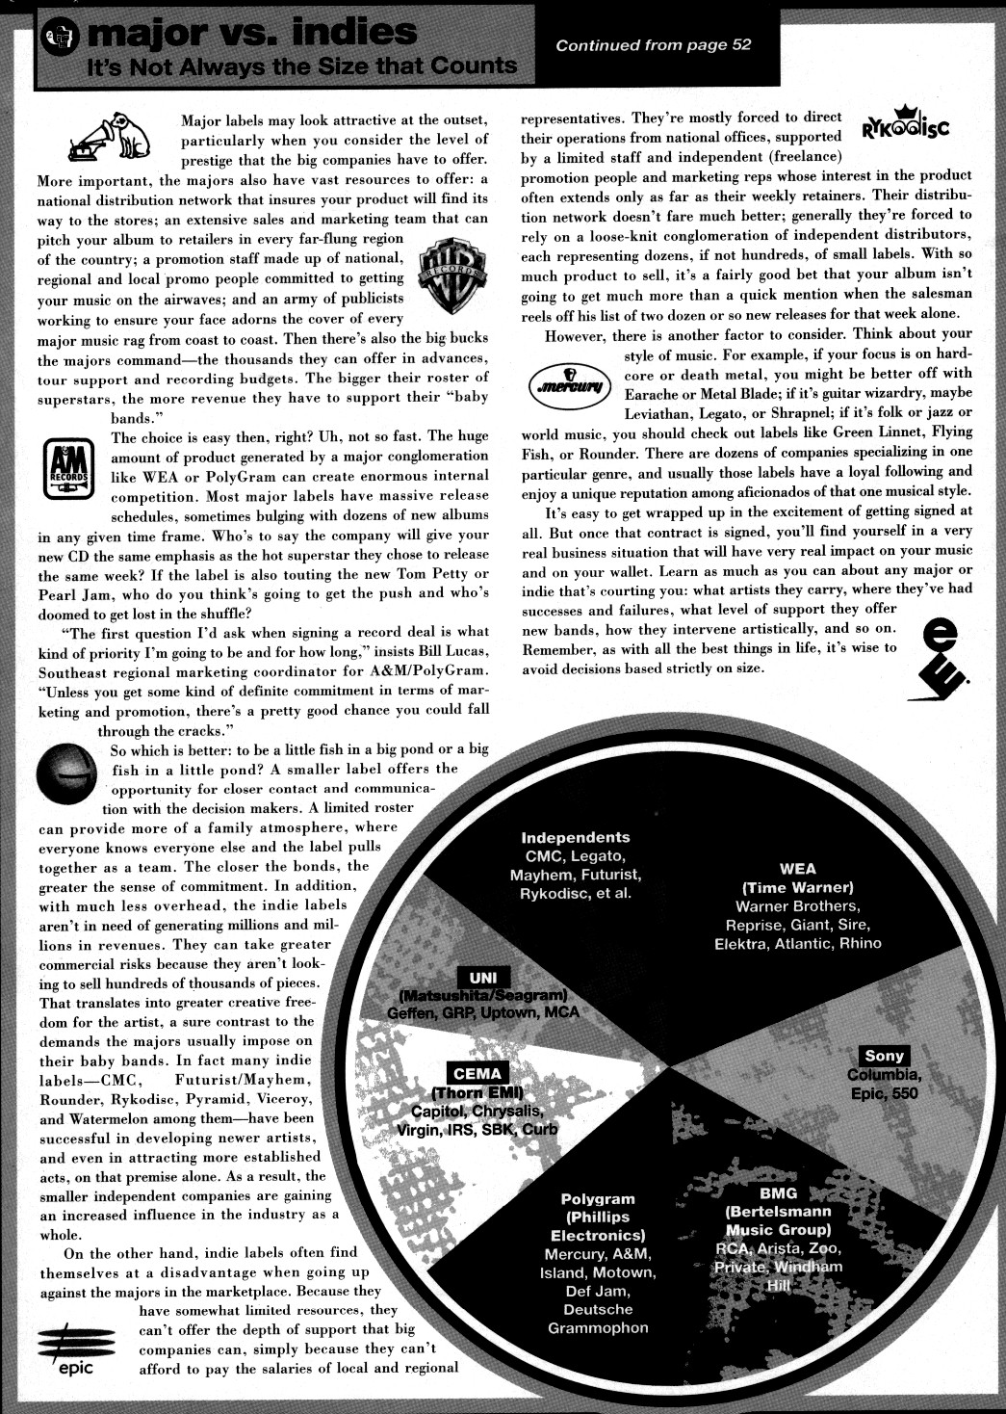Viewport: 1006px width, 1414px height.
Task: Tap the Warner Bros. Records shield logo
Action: pyautogui.click(x=451, y=275)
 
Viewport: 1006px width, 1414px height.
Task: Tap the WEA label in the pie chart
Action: pyautogui.click(x=797, y=869)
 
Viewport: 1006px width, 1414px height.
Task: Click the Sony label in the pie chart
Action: pyautogui.click(x=884, y=1057)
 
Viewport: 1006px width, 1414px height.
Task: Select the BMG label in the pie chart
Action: pyautogui.click(x=778, y=1193)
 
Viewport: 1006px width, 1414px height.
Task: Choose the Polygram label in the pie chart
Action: pyautogui.click(x=598, y=1199)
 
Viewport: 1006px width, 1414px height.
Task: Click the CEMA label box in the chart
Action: pyautogui.click(x=477, y=1074)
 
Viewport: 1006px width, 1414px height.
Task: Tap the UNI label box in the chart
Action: pyautogui.click(x=482, y=978)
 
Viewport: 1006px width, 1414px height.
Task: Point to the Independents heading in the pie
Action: pyautogui.click(x=575, y=838)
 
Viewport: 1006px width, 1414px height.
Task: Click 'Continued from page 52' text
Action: pyautogui.click(x=653, y=44)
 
